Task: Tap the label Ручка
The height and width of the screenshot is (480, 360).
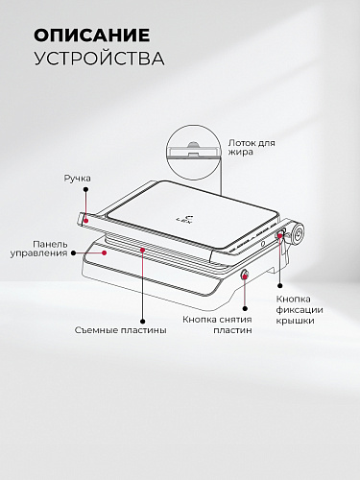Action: (x=78, y=178)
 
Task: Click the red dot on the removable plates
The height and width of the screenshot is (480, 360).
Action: (x=142, y=251)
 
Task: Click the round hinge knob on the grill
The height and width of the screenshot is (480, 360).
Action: (x=298, y=233)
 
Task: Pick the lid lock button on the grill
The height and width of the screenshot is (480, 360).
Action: (x=280, y=234)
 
